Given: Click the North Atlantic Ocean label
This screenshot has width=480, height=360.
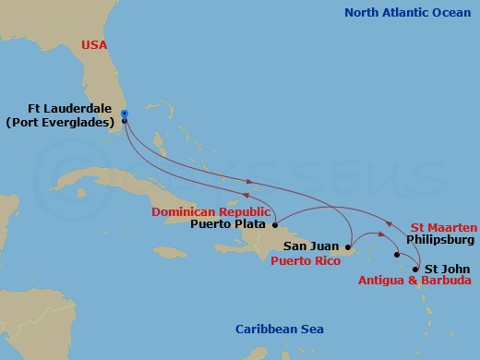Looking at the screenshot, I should tap(408, 12).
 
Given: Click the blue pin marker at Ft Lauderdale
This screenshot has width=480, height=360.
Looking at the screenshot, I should tap(124, 116).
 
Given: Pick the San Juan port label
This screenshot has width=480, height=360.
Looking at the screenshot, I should tap(310, 246).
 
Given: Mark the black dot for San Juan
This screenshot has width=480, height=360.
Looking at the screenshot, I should tap(348, 247).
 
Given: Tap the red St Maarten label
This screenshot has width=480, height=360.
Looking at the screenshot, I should tap(444, 227).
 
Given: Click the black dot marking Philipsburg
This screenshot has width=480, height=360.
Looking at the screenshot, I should tap(397, 255).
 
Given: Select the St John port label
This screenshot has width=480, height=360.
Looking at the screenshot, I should tap(443, 269).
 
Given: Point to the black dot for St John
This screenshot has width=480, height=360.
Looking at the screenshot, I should tap(415, 270).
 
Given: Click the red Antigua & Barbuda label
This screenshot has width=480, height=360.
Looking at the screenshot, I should tap(413, 282).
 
